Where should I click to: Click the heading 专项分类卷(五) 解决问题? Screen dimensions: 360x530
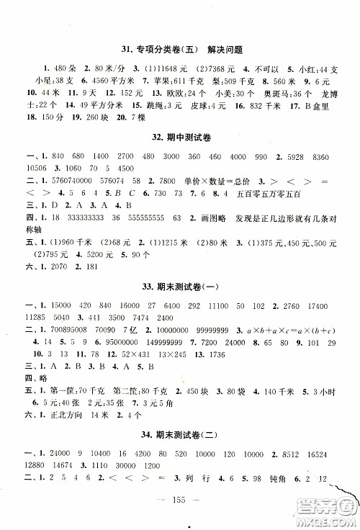tap(181, 50)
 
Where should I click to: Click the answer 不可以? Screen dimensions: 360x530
tap(260, 68)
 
